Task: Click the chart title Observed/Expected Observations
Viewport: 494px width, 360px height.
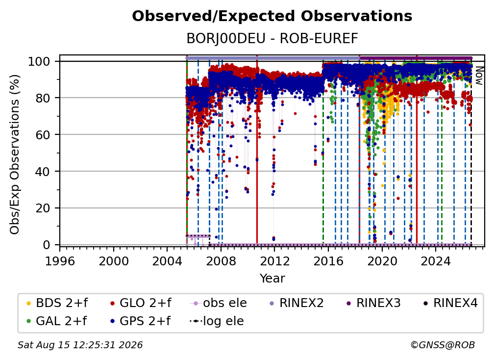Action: point(272,16)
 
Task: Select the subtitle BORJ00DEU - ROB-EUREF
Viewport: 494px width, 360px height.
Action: point(272,39)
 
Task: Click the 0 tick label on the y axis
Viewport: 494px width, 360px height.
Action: point(47,245)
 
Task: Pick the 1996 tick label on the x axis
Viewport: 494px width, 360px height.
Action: point(60,261)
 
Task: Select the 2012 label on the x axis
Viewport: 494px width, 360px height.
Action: point(274,261)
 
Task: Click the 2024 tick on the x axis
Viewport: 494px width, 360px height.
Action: point(436,261)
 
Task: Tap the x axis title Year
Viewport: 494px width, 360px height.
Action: point(272,279)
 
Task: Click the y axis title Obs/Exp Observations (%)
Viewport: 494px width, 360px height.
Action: point(15,154)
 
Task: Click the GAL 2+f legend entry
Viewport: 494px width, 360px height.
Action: point(56,321)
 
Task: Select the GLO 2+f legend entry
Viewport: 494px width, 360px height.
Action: point(141,303)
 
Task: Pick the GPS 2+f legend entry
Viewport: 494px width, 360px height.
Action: point(140,321)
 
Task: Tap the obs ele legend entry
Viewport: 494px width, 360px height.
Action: point(219,303)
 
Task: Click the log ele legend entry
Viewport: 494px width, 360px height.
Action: point(217,321)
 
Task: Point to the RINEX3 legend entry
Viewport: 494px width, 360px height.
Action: point(373,303)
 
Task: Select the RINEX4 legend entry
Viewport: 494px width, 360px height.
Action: point(450,303)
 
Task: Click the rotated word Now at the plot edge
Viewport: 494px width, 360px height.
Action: point(479,76)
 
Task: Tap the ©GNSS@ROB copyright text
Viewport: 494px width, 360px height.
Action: point(443,345)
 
